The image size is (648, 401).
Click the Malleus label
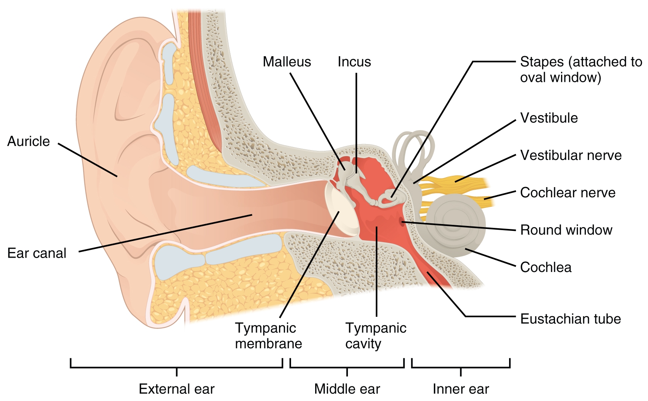287,62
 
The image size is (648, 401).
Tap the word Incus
354,62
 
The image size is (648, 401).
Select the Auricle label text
29,141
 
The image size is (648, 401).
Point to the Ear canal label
37,253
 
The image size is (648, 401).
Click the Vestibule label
549,118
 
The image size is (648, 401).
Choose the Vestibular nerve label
570,155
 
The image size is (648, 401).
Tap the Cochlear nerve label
567,193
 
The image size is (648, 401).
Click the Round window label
566,230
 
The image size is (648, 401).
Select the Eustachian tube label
570,319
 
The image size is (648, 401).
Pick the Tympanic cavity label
375,336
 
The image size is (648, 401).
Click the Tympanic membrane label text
268,336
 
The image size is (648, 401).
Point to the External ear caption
177,389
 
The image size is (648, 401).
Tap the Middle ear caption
347,389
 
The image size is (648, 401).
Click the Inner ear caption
460,389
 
